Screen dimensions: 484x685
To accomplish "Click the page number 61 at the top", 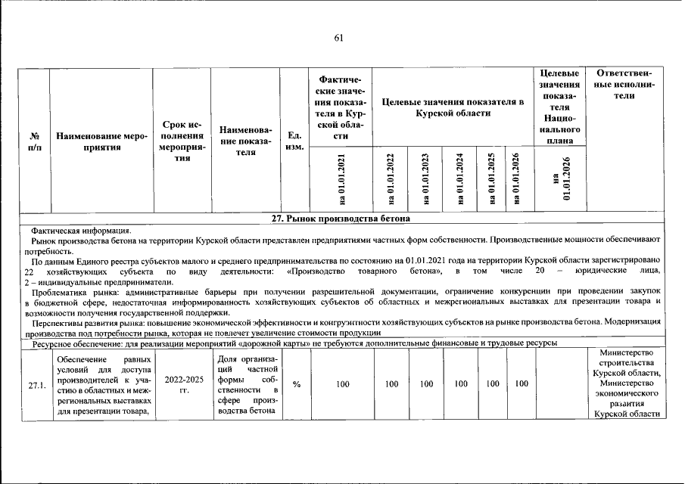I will coord(339,39).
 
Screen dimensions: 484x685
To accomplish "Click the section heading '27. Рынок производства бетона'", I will coord(341,219).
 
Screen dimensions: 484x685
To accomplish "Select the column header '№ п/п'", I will coord(34,141).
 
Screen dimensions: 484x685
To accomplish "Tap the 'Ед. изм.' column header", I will coord(294,141).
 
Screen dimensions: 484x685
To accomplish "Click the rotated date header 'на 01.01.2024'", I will coord(459,178).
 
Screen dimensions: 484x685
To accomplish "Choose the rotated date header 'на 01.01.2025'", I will coord(493,178).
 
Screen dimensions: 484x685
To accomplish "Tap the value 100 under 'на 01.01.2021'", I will coord(342,385).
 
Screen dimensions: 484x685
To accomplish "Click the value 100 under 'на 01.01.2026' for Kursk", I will coord(521,385).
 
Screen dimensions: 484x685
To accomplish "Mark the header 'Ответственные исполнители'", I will coord(625,90).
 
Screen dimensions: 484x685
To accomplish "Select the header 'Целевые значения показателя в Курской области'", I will coord(453,107).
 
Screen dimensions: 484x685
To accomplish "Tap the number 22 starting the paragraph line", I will coord(30,271).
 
